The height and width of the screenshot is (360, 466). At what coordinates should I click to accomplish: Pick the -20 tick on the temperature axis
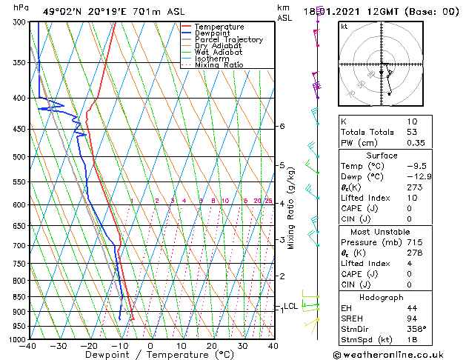[x=89, y=346]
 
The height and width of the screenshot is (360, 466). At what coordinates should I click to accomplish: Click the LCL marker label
[x=290, y=306]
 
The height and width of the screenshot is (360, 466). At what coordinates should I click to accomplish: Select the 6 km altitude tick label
[x=282, y=127]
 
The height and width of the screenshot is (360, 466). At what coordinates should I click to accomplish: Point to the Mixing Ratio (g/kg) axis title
[x=291, y=207]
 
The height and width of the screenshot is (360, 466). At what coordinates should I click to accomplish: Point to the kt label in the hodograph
[x=344, y=26]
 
